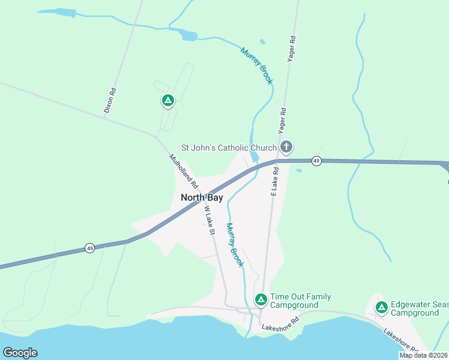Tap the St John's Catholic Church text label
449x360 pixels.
click(x=229, y=148)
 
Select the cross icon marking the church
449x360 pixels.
click(x=287, y=146)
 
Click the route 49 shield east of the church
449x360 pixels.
click(x=316, y=161)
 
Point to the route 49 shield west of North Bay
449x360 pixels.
click(x=89, y=248)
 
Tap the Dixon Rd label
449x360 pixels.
click(x=110, y=101)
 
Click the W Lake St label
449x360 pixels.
click(x=209, y=221)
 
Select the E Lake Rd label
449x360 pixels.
click(x=274, y=181)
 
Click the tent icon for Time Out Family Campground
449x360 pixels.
click(x=261, y=299)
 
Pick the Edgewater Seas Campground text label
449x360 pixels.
click(x=419, y=308)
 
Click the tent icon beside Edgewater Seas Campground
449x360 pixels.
click(x=381, y=308)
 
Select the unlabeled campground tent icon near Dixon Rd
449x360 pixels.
click(x=168, y=101)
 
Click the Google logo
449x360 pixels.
click(x=20, y=353)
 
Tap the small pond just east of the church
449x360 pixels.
click(x=299, y=170)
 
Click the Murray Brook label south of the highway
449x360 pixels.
click(x=235, y=245)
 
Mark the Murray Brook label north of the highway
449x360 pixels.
click(x=257, y=65)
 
